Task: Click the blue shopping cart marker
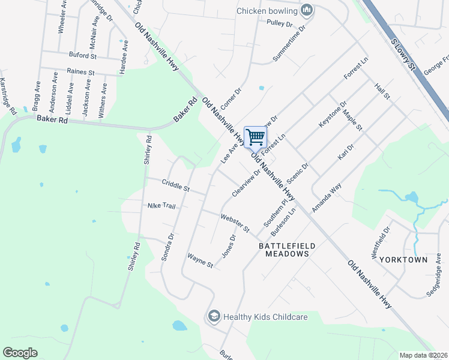pos(256,137)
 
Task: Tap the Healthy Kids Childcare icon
pos(213,316)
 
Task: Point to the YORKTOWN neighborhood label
pos(407,260)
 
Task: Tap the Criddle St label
pos(175,185)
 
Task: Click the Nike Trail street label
pos(161,206)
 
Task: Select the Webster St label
pos(235,223)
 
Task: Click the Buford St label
pos(82,56)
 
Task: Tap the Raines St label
pos(81,72)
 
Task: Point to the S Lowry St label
pos(403,53)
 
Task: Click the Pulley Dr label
pos(279,25)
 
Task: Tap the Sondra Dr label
pos(167,247)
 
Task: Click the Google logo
pos(20,353)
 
